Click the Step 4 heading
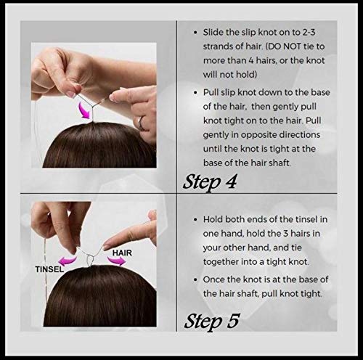click(210, 182)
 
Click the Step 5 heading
click(212, 322)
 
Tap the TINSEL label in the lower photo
click(49, 269)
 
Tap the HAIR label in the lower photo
click(122, 253)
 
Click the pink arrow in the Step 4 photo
click(84, 110)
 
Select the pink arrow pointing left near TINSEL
click(68, 261)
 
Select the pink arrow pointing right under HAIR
click(117, 261)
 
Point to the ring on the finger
click(141, 123)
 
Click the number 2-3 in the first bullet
click(309, 32)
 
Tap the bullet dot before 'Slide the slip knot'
click(195, 33)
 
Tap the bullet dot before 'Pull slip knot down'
click(195, 93)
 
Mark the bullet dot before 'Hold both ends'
click(195, 220)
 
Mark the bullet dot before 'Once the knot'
click(195, 280)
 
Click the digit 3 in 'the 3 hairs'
click(286, 234)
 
